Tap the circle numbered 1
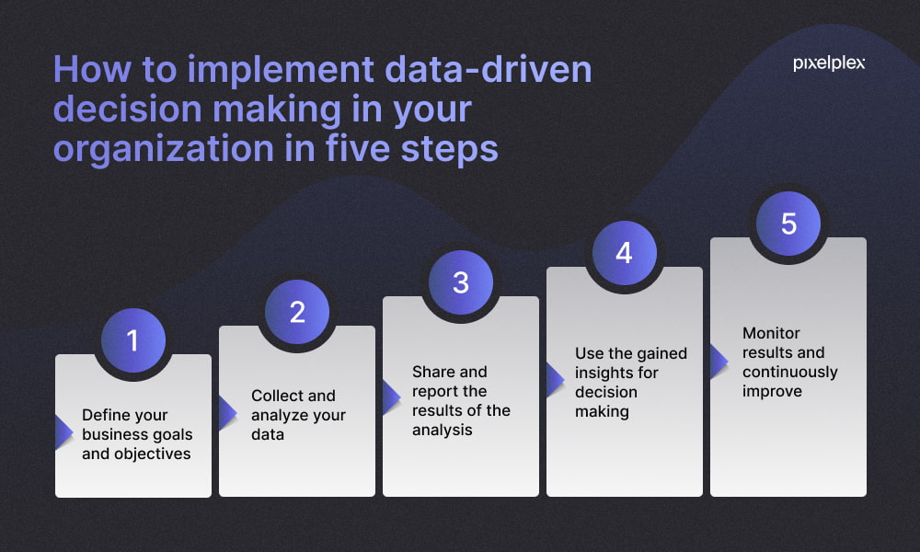click(x=132, y=340)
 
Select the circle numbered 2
click(x=297, y=312)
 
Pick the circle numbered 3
click(x=461, y=282)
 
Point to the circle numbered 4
click(x=625, y=253)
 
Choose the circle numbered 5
click(x=788, y=224)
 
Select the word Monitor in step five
click(x=771, y=333)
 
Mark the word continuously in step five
click(x=790, y=372)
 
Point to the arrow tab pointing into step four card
click(x=554, y=378)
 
